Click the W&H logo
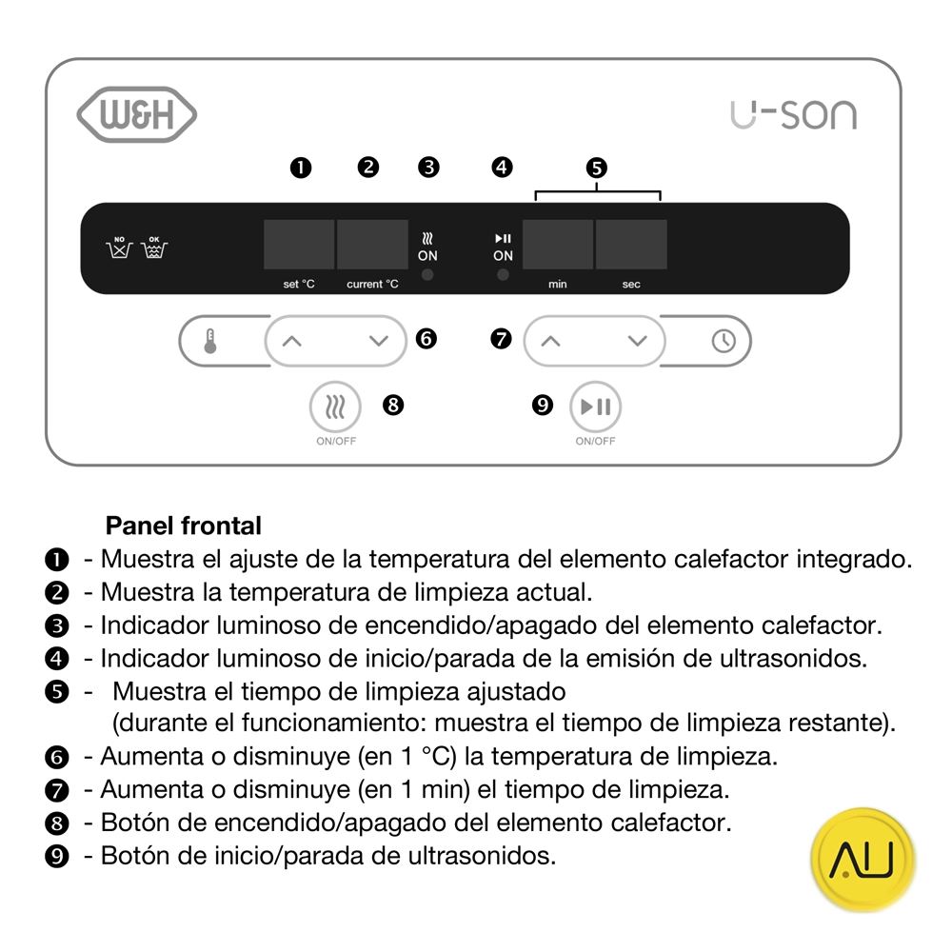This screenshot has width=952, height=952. (x=136, y=115)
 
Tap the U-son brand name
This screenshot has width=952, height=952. (x=794, y=115)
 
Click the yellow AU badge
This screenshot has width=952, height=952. (x=863, y=859)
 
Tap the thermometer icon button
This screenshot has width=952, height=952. (x=210, y=341)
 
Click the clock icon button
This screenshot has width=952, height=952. (x=724, y=341)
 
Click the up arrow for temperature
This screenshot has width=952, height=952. (x=292, y=341)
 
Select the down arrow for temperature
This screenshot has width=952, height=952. (x=379, y=341)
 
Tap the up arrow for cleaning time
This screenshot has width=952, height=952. (x=550, y=341)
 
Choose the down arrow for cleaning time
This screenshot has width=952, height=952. (x=638, y=341)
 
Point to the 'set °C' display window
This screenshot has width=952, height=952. (x=299, y=244)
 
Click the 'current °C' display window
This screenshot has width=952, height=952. (x=373, y=244)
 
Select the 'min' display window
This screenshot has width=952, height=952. (x=558, y=244)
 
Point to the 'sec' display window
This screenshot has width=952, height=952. (x=631, y=244)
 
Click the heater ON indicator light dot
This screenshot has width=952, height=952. (x=427, y=275)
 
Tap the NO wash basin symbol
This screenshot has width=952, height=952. (x=119, y=248)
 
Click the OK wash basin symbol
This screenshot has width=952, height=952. (x=154, y=248)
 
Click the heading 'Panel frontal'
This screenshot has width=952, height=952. (x=184, y=526)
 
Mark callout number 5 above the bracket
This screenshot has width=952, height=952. (x=597, y=168)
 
